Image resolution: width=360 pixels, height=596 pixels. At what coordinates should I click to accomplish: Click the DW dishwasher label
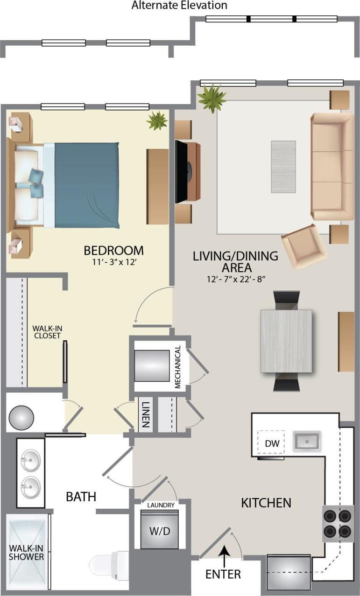point(272,443)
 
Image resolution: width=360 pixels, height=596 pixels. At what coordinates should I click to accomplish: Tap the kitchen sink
point(306,441)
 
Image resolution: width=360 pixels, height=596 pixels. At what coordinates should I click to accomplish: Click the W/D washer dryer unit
point(160,531)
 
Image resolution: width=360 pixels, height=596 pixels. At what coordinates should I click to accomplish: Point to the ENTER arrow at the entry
point(225,555)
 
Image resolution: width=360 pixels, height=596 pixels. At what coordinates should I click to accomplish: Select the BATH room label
point(81,497)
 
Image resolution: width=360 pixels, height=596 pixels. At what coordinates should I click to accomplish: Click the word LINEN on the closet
point(146,414)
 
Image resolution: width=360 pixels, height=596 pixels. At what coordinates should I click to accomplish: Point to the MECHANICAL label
point(177,367)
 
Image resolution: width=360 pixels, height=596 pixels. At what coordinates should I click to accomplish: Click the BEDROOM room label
point(113,250)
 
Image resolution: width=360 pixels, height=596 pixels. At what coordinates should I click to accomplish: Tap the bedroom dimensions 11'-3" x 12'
point(113,262)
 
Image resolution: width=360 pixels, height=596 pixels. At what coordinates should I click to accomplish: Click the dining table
point(286,341)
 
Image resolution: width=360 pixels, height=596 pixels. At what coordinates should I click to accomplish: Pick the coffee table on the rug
point(283,167)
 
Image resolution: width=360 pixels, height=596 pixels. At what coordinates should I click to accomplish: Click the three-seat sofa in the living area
point(332,166)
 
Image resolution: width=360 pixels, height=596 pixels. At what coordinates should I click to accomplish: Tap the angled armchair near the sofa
point(304,245)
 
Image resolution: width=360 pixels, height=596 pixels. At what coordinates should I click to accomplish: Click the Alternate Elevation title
point(179,6)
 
